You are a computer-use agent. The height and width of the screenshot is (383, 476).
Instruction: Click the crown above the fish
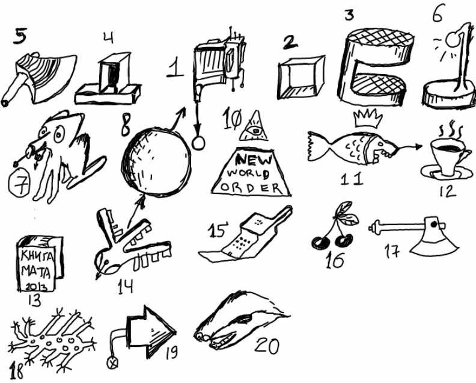368,119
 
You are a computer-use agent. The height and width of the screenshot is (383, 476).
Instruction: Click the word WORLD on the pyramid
248,173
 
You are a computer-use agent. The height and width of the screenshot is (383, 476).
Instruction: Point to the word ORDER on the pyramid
251,188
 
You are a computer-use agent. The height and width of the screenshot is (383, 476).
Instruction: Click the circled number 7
19,184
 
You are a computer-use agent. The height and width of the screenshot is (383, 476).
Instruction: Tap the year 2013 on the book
36,287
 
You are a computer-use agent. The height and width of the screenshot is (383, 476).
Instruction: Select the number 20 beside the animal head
266,346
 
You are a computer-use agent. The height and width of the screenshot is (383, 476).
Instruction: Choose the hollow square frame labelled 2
302,77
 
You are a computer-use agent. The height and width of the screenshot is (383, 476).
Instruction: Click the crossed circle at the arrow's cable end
112,363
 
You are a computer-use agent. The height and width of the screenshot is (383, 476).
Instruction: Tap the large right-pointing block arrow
151,332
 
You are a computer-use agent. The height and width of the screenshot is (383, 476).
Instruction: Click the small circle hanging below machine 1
198,143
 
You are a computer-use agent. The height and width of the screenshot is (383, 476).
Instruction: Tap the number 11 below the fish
352,179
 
